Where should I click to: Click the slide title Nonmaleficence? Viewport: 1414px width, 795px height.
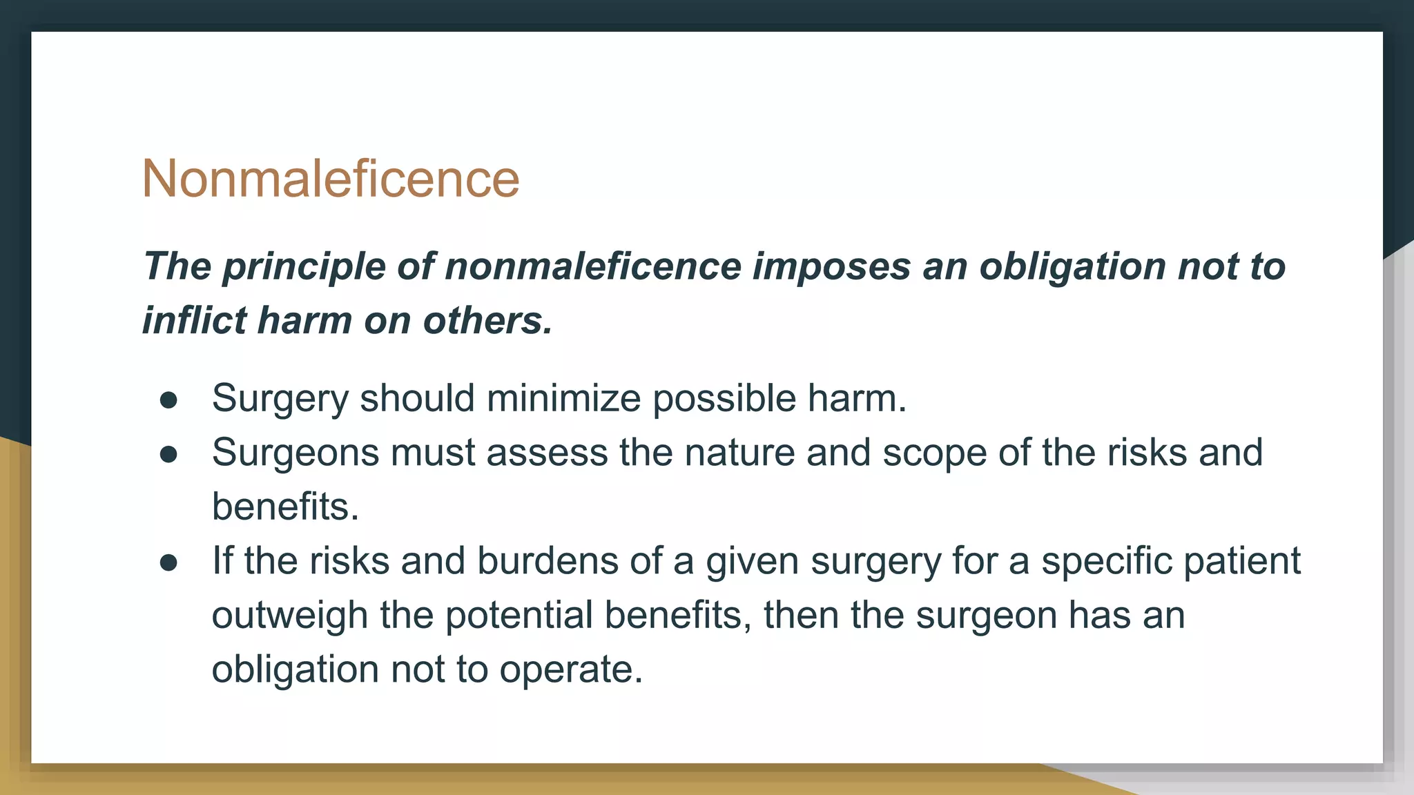tap(330, 179)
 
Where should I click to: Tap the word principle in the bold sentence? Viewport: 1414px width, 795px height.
tap(303, 267)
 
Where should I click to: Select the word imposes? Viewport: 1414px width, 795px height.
tap(831, 267)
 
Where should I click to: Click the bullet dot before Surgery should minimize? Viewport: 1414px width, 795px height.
tap(168, 400)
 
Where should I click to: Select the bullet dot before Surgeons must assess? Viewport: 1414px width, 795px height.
tap(168, 454)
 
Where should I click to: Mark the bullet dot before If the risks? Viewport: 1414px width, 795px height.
tap(168, 562)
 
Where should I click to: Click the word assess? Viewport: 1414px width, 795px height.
tap(545, 453)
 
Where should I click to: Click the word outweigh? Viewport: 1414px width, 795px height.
tap(290, 616)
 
